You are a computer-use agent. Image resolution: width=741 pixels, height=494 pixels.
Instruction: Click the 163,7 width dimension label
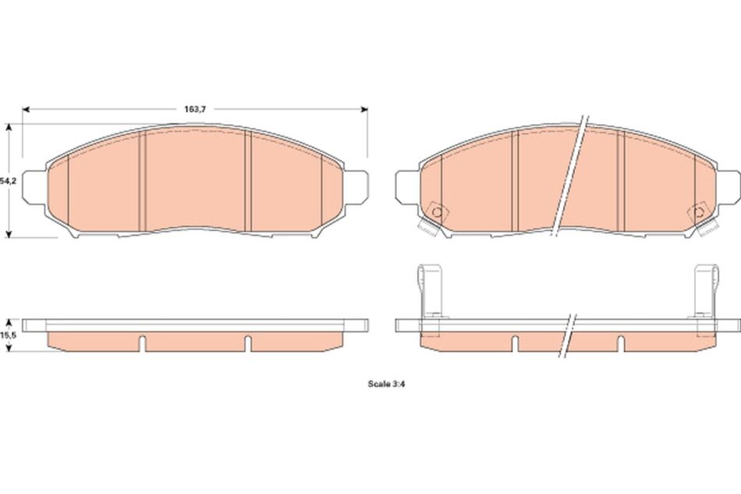pos(195,109)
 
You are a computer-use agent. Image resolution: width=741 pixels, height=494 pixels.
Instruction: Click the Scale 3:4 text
pos(387,384)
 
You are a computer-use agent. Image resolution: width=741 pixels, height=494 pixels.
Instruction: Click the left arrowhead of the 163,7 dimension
pos(26,109)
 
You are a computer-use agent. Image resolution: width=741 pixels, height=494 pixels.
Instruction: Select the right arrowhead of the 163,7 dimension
pos(364,109)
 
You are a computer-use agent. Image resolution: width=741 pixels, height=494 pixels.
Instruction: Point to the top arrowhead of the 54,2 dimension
pos(8,127)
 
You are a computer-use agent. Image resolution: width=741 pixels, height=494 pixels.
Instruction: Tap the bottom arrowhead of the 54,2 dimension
pos(8,234)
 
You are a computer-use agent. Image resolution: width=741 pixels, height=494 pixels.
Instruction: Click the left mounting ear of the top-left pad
pos(34,187)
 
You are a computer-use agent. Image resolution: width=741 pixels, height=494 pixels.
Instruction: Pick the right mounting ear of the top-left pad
pos(356,187)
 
